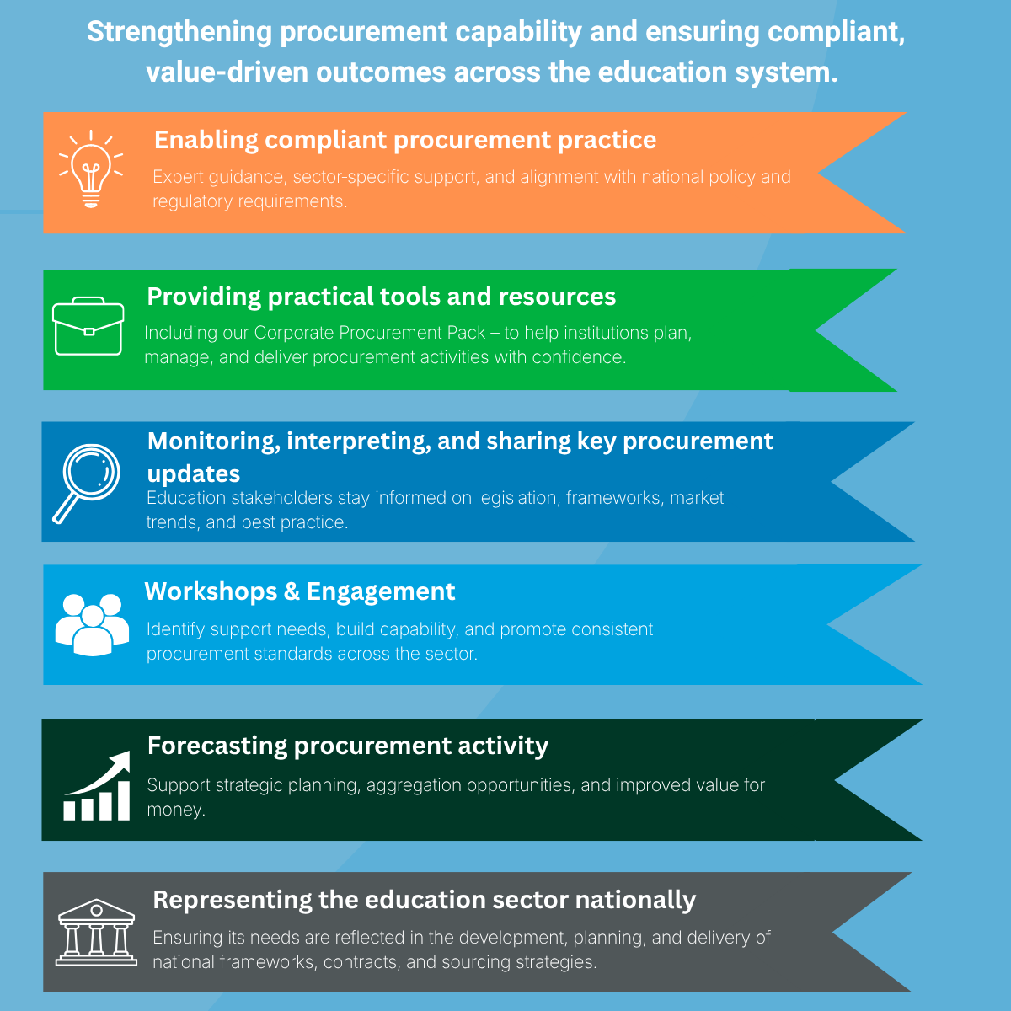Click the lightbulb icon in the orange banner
91,169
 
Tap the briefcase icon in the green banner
88,326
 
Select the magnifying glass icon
86,484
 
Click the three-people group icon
92,624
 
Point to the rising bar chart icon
97,785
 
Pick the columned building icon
96,933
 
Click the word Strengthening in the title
179,33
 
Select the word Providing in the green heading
204,297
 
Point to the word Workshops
211,591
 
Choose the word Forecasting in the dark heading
217,746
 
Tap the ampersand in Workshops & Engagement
292,591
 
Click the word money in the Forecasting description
174,810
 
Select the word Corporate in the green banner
294,333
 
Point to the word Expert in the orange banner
178,177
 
